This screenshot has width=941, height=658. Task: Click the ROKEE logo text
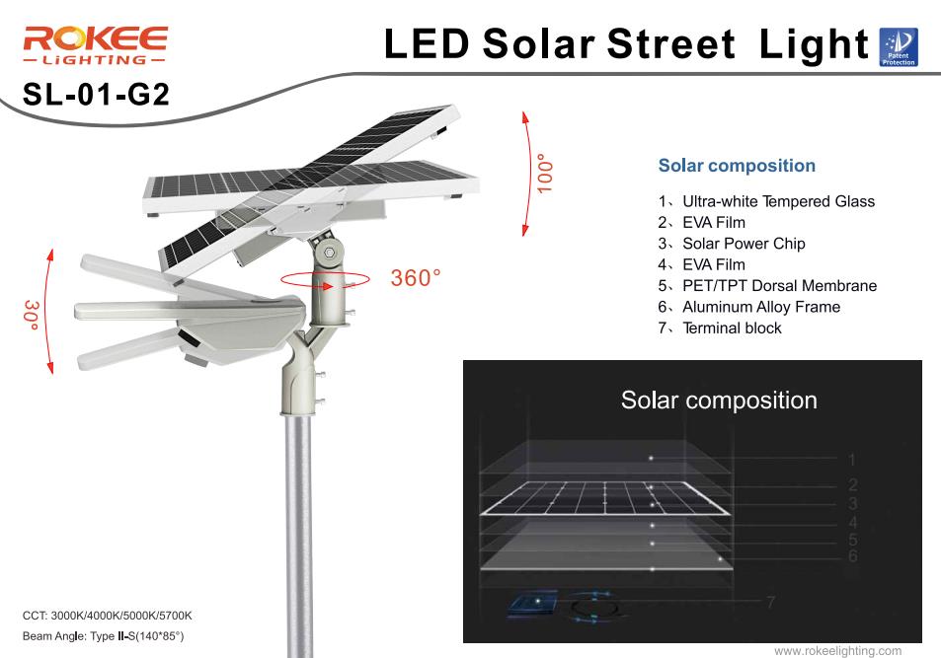point(96,39)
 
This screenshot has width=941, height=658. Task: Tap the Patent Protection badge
point(898,46)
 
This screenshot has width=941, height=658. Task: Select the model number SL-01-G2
point(96,94)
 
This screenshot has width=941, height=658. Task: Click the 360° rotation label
point(416,278)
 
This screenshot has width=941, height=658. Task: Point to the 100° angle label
point(544,174)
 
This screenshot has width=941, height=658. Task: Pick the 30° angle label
point(32,315)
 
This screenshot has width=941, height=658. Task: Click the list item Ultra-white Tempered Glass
point(766,201)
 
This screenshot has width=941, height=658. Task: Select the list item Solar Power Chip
point(732,244)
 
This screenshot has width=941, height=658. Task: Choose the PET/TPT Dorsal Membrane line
point(767,285)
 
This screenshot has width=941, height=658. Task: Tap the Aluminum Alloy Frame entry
point(749,307)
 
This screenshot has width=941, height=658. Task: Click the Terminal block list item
point(720,329)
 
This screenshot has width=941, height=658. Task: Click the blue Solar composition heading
point(737,166)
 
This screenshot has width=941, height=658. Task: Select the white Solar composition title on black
point(719,401)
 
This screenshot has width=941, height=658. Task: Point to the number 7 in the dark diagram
point(770,602)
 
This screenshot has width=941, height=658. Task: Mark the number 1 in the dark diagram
point(851,460)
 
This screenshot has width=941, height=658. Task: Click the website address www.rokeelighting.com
point(837,651)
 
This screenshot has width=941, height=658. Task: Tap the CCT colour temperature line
point(108,616)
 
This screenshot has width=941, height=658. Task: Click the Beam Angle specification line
point(104,636)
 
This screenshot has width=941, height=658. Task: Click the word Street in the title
point(670,43)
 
